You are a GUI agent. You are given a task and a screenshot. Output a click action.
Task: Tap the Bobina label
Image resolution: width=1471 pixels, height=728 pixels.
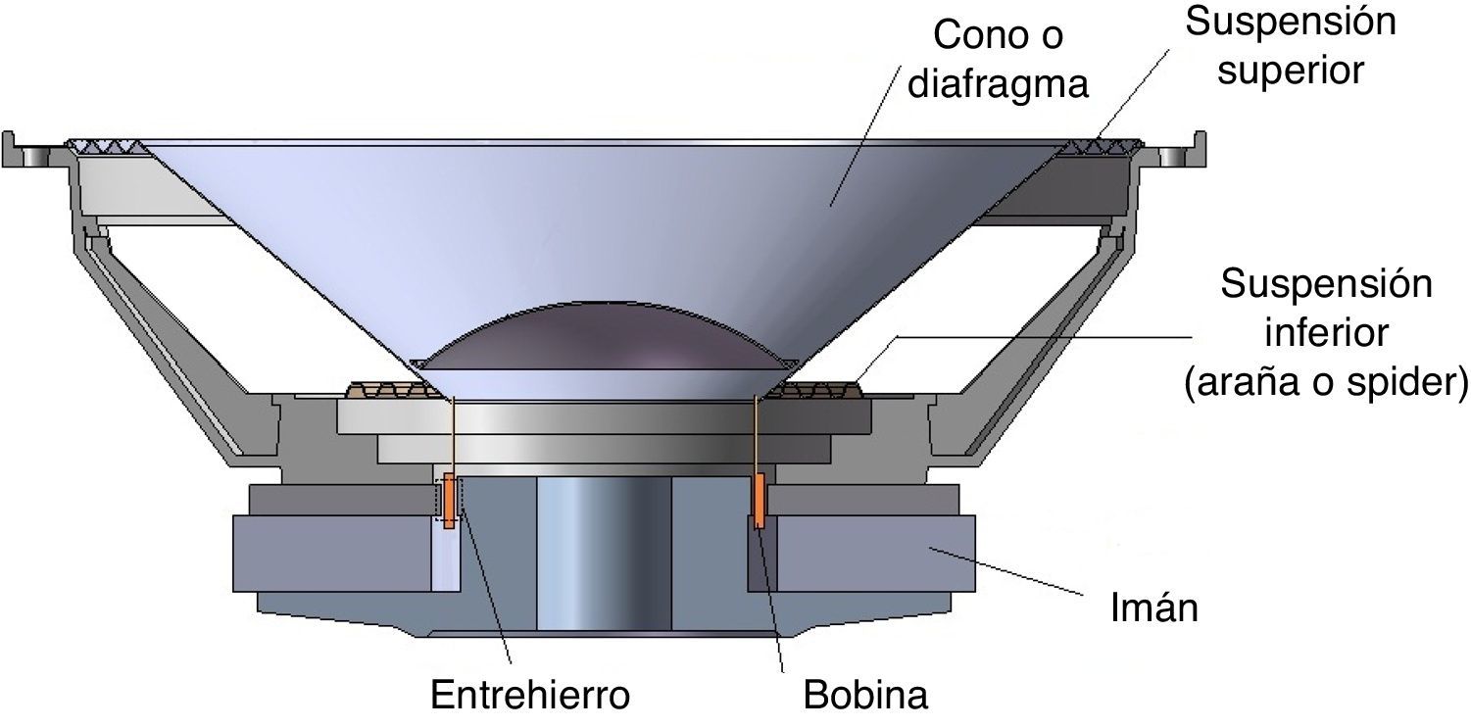865,696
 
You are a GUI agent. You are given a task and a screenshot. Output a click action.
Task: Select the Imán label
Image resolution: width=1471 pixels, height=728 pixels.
1154,609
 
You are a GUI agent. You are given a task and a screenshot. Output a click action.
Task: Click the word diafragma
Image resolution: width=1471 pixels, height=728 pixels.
999,85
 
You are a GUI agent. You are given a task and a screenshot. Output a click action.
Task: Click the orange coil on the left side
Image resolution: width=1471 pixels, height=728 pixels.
449,501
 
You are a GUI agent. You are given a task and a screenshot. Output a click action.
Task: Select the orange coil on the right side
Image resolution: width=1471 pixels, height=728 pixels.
759,501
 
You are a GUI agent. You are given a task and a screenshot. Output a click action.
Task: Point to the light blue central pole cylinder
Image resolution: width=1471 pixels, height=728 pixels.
603,554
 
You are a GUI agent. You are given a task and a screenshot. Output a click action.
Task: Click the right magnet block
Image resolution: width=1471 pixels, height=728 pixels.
862,554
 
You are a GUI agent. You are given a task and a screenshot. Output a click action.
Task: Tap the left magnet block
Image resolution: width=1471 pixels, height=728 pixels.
333,554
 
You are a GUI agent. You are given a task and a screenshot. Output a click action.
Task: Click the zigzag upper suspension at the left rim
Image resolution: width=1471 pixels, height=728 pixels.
106,147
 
